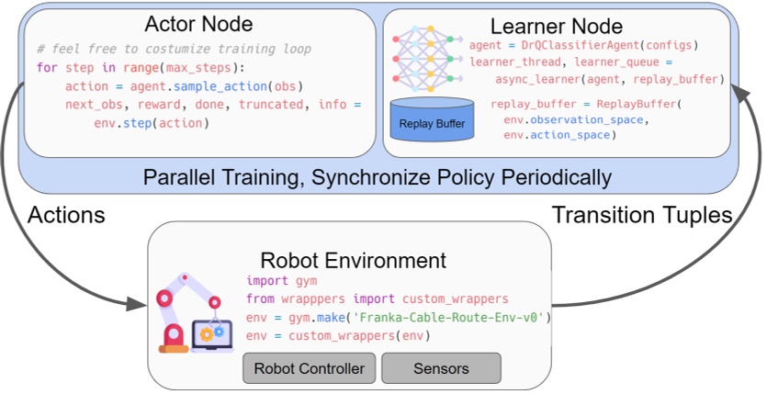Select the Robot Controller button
tap(309, 368)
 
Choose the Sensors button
tap(441, 368)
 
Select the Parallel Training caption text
tap(377, 174)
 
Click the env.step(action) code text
tap(151, 122)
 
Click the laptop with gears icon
tap(219, 333)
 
